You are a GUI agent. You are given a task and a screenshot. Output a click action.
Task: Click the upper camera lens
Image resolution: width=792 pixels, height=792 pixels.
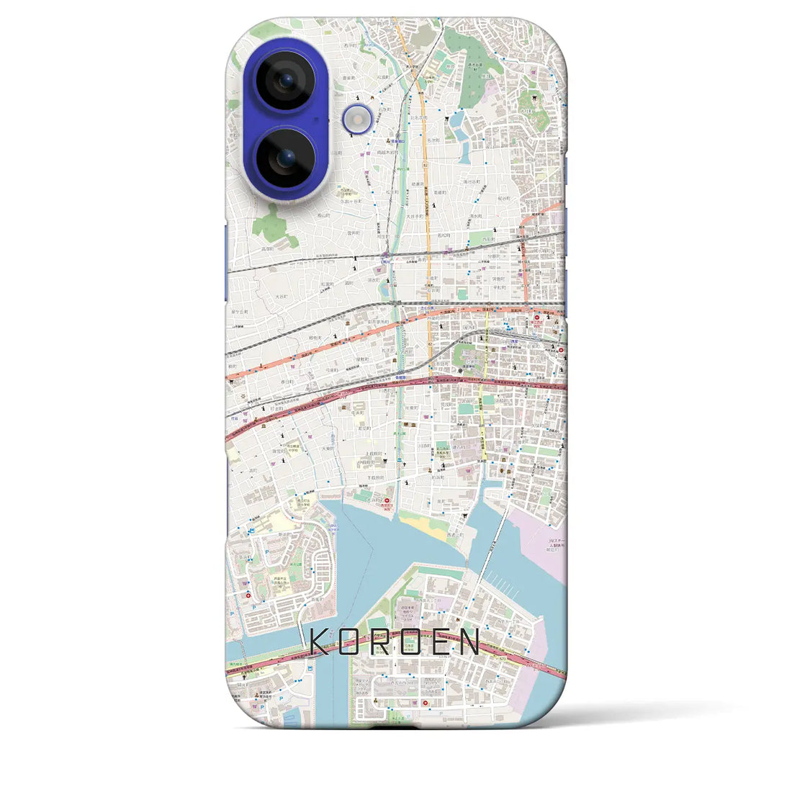coord(287,80)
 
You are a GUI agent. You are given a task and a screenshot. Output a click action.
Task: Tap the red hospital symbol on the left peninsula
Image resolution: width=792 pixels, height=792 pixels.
coord(250,595)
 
